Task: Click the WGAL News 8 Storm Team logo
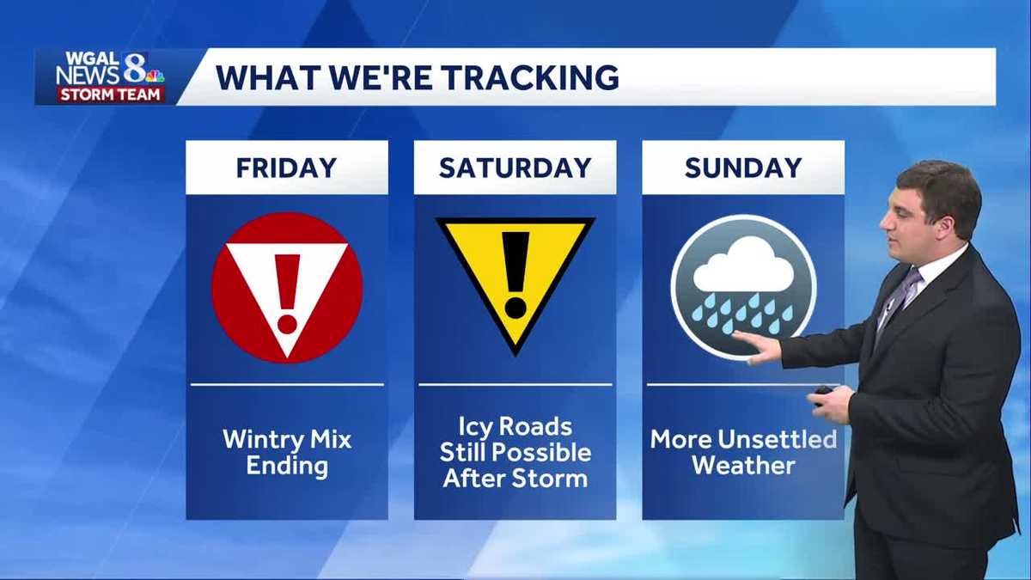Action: click(x=109, y=77)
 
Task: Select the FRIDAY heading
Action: click(x=287, y=168)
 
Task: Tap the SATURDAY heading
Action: click(x=515, y=168)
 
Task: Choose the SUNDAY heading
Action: click(x=743, y=168)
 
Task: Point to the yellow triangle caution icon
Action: click(x=515, y=275)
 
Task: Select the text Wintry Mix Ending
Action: click(x=287, y=453)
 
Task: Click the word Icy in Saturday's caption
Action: click(x=479, y=427)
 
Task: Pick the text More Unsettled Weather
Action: click(x=743, y=453)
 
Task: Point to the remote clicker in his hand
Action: click(x=823, y=392)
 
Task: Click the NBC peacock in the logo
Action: click(x=155, y=76)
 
